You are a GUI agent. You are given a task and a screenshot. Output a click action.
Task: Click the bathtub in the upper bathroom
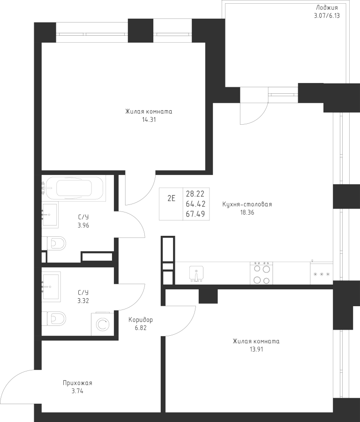[x=74, y=188]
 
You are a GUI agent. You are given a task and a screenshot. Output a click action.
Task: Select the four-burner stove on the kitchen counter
[x=261, y=273]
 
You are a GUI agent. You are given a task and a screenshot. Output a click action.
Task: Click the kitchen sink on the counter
[x=196, y=274]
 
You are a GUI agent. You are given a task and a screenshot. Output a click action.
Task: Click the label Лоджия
[x=327, y=8]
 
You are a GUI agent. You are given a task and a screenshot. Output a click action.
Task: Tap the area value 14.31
[x=149, y=120]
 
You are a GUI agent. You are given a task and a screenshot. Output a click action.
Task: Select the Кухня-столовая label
[x=247, y=204]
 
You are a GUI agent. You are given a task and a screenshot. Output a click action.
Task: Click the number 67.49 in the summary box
[x=195, y=214]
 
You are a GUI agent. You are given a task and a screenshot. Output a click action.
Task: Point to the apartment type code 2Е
[x=172, y=199]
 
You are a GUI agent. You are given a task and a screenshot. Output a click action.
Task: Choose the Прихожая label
[x=77, y=383]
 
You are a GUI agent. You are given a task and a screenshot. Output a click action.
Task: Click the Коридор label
[x=141, y=320]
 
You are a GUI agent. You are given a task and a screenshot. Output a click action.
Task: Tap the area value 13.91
[x=256, y=349]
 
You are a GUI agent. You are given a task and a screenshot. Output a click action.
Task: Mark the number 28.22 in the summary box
[x=195, y=194]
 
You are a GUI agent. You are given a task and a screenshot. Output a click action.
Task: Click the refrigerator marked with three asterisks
[x=322, y=274]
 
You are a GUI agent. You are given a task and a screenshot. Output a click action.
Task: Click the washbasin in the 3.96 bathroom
[x=50, y=215]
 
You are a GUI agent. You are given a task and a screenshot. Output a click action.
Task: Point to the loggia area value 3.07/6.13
[x=327, y=15]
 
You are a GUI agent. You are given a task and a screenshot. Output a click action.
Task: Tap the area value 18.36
[x=247, y=212]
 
